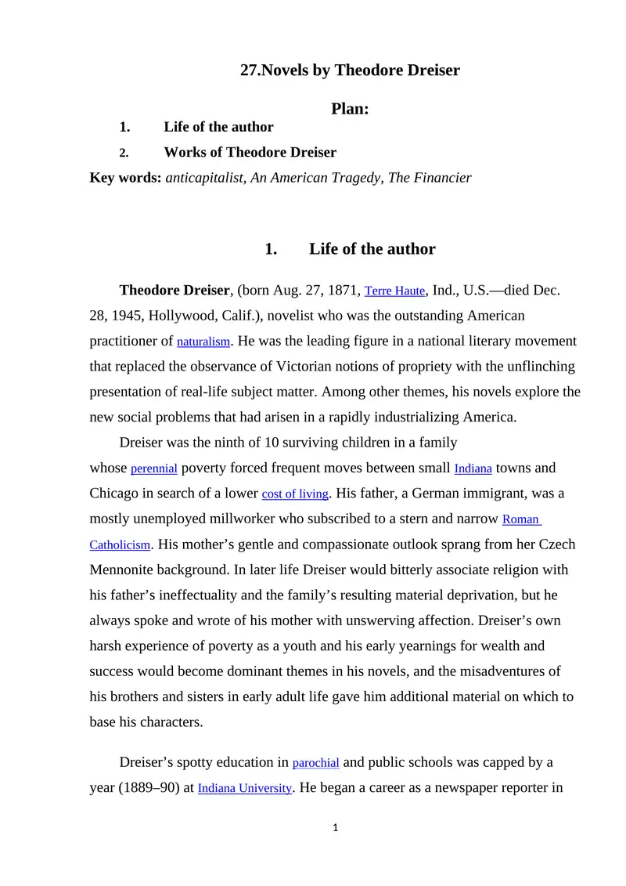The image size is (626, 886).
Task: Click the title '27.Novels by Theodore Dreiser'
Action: pos(350,71)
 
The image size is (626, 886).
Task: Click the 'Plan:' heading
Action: pos(350,109)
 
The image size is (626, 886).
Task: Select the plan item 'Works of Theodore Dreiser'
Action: pos(250,152)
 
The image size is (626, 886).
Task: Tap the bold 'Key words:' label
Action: pos(126,178)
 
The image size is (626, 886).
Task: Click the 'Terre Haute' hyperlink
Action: pos(394,291)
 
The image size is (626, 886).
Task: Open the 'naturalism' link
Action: pos(203,342)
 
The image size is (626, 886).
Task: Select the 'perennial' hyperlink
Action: pos(154,469)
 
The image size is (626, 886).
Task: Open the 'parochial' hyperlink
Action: pos(315,763)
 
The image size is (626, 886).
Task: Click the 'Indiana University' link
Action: pos(245,789)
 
